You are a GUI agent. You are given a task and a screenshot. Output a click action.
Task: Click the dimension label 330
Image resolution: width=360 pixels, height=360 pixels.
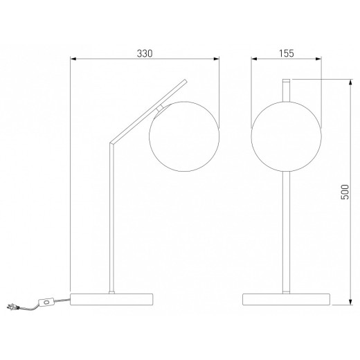[x=145, y=53]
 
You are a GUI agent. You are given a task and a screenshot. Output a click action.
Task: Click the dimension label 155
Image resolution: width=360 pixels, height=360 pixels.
[x=287, y=53]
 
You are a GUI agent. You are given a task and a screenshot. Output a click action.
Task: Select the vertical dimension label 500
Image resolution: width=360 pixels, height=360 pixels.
[x=345, y=192]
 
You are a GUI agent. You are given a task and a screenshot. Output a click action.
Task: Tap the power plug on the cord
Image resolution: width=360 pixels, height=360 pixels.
[x=12, y=307]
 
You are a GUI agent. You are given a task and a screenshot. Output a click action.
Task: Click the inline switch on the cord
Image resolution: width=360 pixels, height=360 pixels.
[x=46, y=302]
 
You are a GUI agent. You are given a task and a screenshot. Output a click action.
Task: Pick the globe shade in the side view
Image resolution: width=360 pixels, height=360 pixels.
[x=184, y=136]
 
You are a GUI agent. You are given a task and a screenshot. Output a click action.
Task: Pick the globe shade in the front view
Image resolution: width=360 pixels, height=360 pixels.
[x=286, y=136]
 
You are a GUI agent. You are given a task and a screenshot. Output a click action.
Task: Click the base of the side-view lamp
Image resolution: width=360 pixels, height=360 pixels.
[x=111, y=299]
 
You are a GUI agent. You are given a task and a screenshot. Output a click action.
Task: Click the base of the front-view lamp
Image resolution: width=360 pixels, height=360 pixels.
[x=286, y=299]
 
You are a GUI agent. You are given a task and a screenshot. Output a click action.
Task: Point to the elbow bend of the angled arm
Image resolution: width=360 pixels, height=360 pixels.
[x=111, y=143]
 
